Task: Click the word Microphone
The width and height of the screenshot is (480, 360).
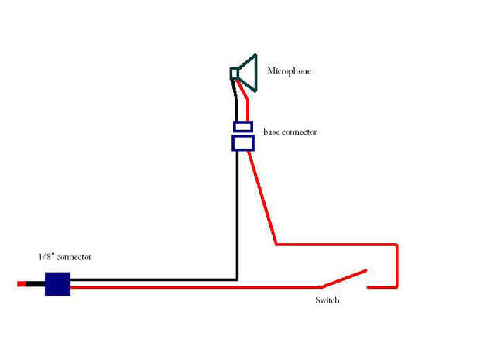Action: pyautogui.click(x=288, y=71)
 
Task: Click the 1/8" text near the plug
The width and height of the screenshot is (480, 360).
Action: pyautogui.click(x=48, y=257)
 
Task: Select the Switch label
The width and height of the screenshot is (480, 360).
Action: pyautogui.click(x=327, y=300)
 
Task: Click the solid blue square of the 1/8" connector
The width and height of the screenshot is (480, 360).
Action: pyautogui.click(x=57, y=283)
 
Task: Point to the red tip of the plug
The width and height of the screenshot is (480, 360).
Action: pyautogui.click(x=21, y=284)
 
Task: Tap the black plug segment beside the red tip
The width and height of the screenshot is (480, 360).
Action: pyautogui.click(x=35, y=284)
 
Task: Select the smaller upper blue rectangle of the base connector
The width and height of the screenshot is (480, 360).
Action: pyautogui.click(x=243, y=126)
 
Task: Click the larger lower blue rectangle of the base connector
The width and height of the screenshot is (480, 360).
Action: pyautogui.click(x=243, y=142)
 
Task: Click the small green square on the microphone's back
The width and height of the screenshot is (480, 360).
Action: pyautogui.click(x=233, y=74)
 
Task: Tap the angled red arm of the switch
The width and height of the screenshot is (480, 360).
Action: pyautogui.click(x=345, y=279)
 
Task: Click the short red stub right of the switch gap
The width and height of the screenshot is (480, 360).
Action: pyautogui.click(x=381, y=287)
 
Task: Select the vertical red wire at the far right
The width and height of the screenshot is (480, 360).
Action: pyautogui.click(x=396, y=266)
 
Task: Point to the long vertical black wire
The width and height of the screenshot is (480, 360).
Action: pyautogui.click(x=236, y=217)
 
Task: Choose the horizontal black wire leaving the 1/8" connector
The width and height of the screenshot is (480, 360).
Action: pyautogui.click(x=155, y=279)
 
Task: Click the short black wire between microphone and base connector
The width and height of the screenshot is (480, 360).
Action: pyautogui.click(x=237, y=101)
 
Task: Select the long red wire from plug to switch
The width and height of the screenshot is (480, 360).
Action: pyautogui.click(x=194, y=287)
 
